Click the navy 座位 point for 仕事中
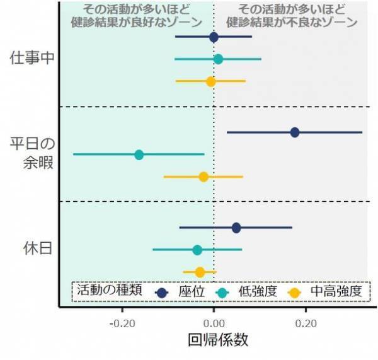214,37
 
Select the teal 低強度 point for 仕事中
218,59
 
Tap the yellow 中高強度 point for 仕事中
211,81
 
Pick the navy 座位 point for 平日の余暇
294,132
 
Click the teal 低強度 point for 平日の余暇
139,154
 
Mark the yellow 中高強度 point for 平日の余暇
203,177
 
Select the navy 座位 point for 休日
236,228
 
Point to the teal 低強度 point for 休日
197,250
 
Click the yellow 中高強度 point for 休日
200,272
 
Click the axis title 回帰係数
218,340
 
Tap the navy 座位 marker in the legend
163,292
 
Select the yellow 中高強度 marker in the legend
294,292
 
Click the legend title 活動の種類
111,291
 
